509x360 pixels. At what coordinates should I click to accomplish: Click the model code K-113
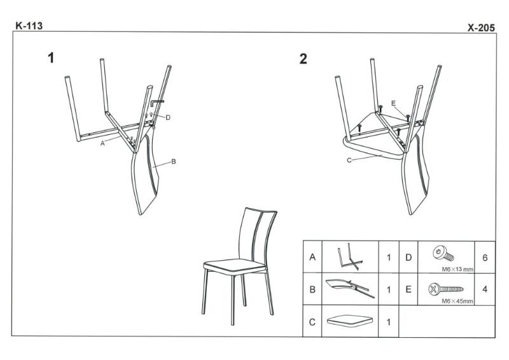[29, 25]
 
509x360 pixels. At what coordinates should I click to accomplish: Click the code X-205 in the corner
[481, 28]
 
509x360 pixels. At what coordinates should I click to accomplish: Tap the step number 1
[51, 58]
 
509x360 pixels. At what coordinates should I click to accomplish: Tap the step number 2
[303, 59]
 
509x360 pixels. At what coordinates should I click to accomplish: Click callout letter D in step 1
[168, 118]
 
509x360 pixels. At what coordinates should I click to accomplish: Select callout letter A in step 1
[102, 143]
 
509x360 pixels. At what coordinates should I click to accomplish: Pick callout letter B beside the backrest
[173, 162]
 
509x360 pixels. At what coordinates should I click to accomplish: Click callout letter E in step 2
[393, 103]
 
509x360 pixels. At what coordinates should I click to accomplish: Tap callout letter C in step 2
[349, 160]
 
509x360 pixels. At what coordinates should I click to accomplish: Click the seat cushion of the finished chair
[234, 265]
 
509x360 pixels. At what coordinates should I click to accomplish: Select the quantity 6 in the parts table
[485, 258]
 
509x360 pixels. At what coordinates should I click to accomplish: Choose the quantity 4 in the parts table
[485, 289]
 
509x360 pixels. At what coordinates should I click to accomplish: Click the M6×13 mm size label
[457, 269]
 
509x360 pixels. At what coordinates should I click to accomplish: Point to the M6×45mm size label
[457, 301]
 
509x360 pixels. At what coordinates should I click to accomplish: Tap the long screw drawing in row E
[446, 289]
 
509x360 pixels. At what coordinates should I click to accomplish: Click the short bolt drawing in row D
[443, 253]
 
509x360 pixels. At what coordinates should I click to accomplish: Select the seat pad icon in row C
[350, 321]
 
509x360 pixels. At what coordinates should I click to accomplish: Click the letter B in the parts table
[312, 289]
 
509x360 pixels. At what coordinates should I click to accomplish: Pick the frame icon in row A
[350, 256]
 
